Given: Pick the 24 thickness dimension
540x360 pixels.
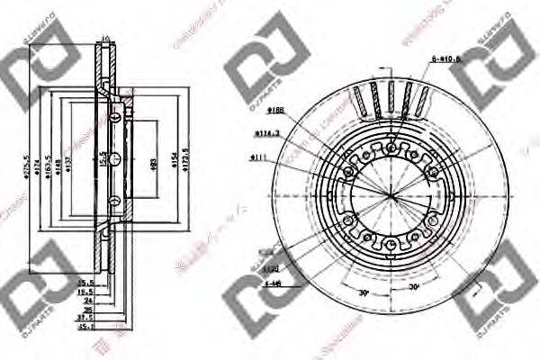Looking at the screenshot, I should pos(86,301).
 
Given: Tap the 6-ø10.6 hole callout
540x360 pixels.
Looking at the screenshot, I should pos(445,58).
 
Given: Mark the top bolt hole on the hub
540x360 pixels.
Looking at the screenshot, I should pos(391,148).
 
